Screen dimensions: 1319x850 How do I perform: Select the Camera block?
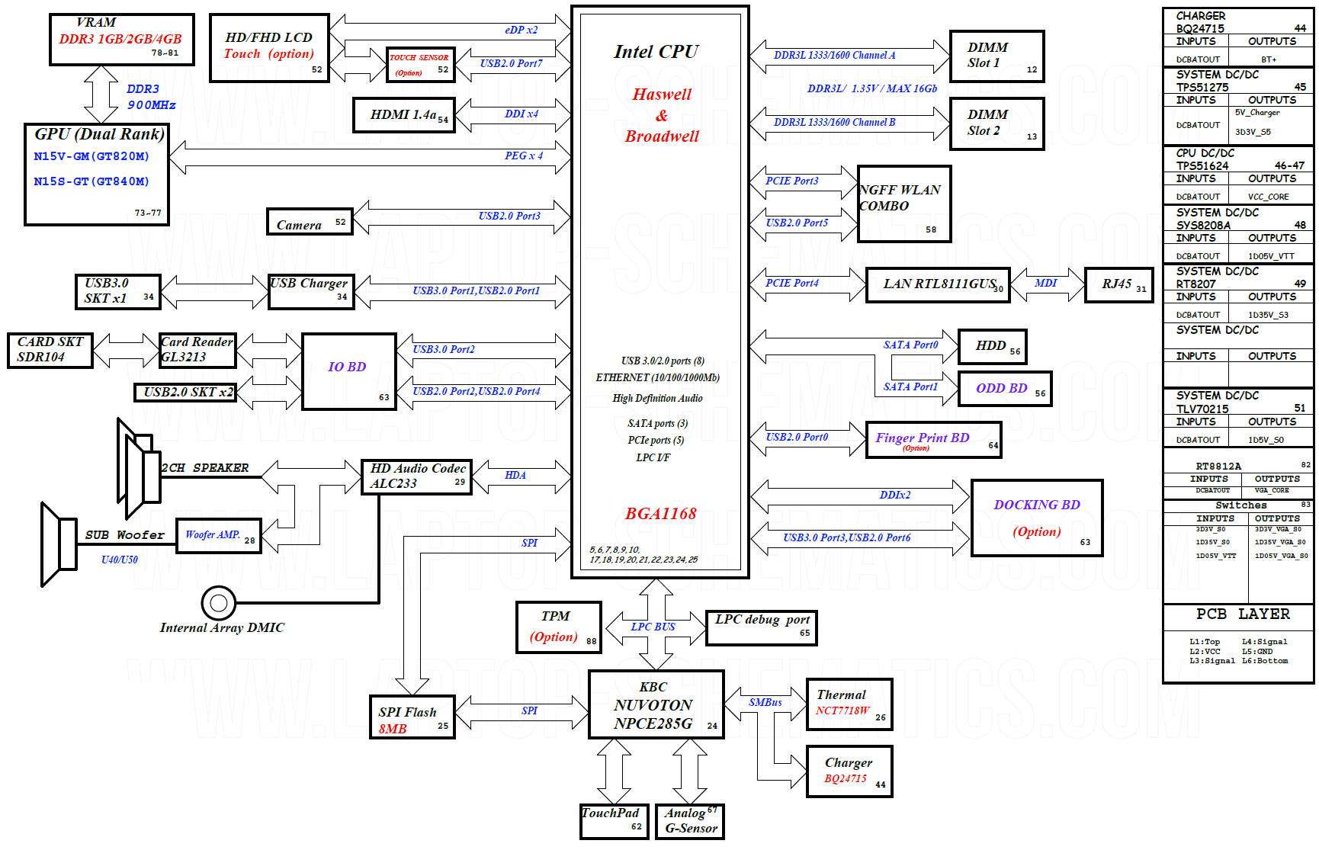310,222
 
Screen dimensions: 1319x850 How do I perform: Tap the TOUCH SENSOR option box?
421,65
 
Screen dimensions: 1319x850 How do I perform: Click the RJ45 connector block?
1119,285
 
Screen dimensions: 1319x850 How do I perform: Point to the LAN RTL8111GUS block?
938,285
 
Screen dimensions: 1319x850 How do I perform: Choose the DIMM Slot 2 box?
997,123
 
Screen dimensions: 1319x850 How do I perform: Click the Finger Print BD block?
934,441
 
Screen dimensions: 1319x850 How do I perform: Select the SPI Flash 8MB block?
412,717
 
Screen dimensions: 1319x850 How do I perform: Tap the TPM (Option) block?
559,627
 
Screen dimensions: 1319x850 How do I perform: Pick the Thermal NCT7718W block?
849,704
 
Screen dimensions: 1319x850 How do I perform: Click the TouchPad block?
615,822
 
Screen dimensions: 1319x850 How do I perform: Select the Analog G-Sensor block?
690,822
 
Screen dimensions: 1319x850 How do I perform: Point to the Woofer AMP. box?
219,537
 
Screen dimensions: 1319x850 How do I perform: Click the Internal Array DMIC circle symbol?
219,604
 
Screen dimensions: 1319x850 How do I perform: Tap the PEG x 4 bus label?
524,156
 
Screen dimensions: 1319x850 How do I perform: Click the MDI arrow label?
1046,283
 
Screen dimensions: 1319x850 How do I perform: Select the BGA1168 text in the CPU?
661,514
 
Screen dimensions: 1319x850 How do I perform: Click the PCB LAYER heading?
1243,614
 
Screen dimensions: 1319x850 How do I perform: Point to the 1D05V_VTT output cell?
1271,256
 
